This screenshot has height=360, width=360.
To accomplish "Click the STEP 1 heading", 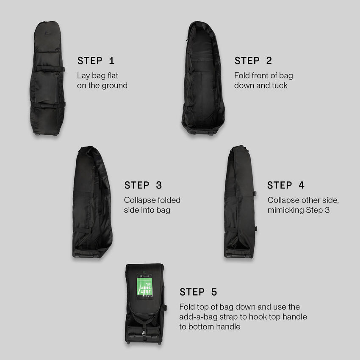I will point(96,61).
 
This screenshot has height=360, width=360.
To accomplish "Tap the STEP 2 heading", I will point(253,61).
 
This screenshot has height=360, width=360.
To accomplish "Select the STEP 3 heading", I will point(143,185).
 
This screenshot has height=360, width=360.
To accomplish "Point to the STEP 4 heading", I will point(286,185).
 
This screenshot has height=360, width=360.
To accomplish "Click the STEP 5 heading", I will point(198,292).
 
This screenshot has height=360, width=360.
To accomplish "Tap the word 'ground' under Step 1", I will point(114,86).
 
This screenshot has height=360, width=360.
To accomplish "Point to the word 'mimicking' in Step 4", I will point(286,210).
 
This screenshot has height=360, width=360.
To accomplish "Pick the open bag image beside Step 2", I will point(203,78).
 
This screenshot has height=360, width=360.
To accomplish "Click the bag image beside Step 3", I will point(91,202).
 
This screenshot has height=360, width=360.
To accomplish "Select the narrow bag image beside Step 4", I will point(240,202).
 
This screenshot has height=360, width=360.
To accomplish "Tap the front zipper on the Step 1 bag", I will point(56,87).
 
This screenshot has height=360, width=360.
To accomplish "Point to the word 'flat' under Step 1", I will point(112,76).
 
